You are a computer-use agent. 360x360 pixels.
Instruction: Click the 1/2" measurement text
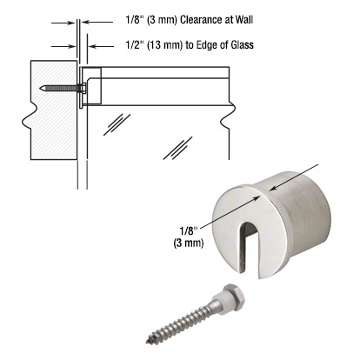pyautogui.click(x=102, y=45)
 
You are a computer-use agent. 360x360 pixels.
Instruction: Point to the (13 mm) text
pyautogui.click(x=134, y=45)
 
